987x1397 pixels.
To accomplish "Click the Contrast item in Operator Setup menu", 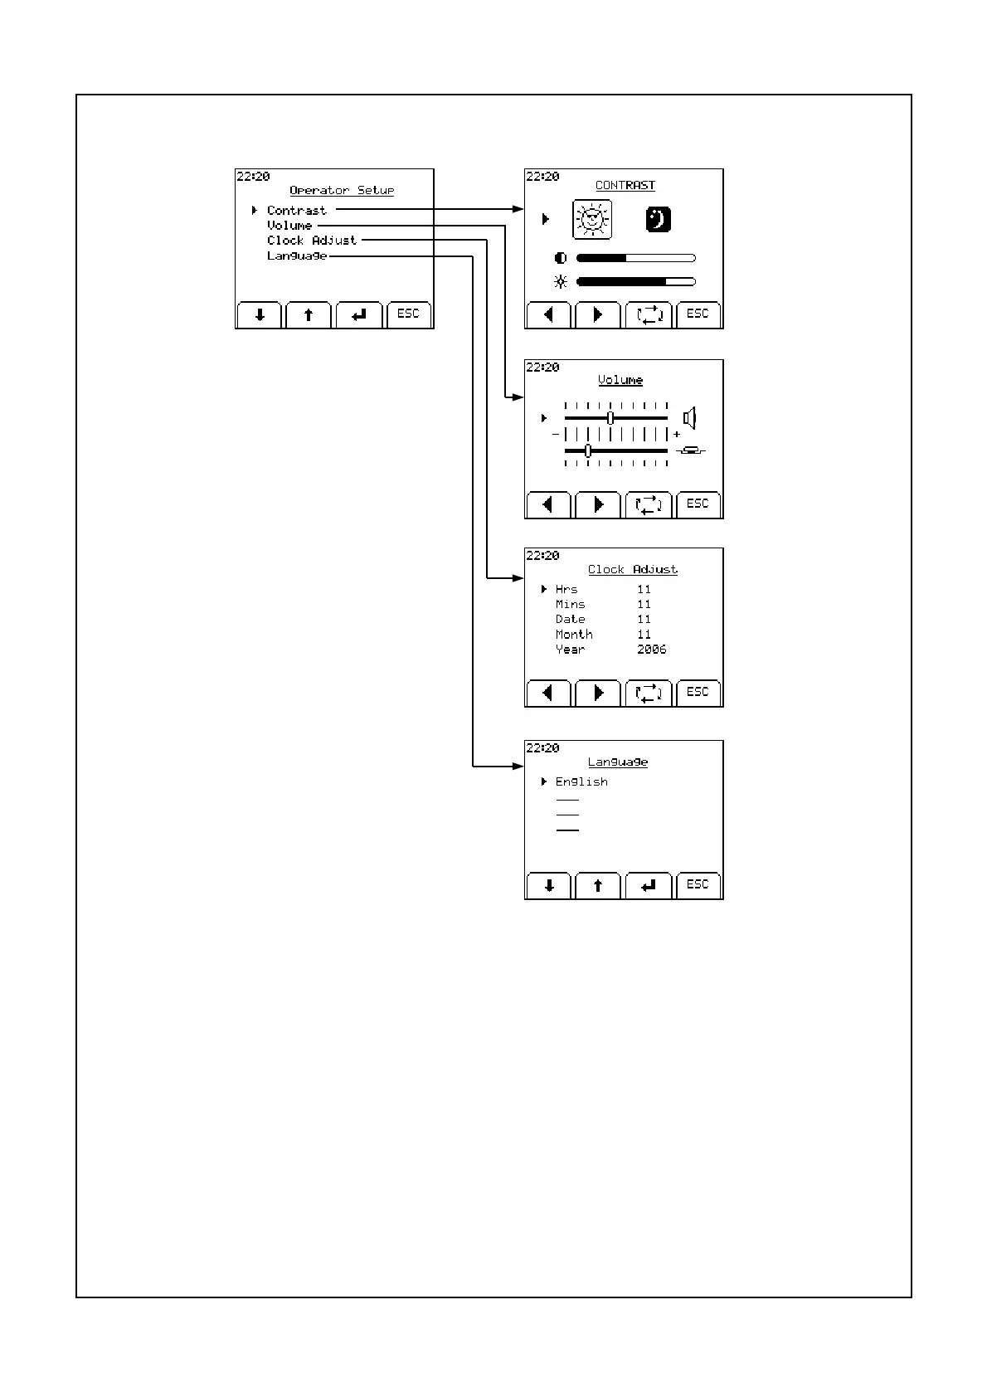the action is point(296,211).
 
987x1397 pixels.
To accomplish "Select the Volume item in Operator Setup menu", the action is point(289,226).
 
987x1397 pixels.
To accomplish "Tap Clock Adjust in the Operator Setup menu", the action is point(311,241).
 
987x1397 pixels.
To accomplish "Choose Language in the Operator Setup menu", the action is point(296,256).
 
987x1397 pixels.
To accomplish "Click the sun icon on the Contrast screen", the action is point(592,220).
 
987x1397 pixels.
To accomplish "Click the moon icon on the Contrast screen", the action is point(658,220).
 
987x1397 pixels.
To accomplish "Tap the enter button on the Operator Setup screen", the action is point(359,315).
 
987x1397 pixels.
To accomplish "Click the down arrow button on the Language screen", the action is point(549,886).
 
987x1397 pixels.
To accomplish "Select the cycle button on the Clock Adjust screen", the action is point(648,693).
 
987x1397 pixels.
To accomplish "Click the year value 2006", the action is point(651,650).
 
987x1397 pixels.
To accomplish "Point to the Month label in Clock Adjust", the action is point(574,635).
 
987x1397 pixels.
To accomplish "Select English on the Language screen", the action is point(581,782).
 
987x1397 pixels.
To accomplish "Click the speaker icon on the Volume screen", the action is point(689,418).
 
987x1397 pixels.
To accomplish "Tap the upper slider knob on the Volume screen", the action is point(610,418).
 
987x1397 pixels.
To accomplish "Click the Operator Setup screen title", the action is point(342,191).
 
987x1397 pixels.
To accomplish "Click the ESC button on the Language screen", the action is point(698,885).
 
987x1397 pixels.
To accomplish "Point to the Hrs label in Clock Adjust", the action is point(566,590).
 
